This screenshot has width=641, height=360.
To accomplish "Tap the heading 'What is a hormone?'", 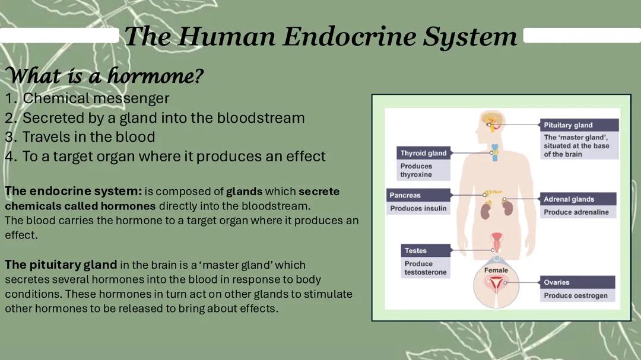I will pyautogui.click(x=104, y=76).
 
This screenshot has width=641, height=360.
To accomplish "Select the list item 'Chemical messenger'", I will pyautogui.click(x=96, y=98).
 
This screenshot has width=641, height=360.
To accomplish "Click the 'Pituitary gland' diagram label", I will pyautogui.click(x=568, y=125).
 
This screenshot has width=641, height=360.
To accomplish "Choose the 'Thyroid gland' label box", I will pyautogui.click(x=423, y=153).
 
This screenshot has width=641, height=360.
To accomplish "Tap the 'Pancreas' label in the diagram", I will pyautogui.click(x=405, y=195).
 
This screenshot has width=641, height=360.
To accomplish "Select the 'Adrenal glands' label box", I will pyautogui.click(x=569, y=199).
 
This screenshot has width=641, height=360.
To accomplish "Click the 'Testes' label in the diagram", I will pyautogui.click(x=415, y=250).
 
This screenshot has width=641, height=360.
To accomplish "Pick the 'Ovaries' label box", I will pyautogui.click(x=557, y=282).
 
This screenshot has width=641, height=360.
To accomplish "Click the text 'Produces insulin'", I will pyautogui.click(x=418, y=208).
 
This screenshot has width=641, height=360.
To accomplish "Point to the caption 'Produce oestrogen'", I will pyautogui.click(x=576, y=295).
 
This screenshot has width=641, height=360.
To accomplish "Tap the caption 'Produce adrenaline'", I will pyautogui.click(x=576, y=212).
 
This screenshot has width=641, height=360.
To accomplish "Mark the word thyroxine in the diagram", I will pyautogui.click(x=416, y=175).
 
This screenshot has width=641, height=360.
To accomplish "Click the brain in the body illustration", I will pyautogui.click(x=492, y=120).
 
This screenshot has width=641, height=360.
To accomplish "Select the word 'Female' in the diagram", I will pyautogui.click(x=496, y=270).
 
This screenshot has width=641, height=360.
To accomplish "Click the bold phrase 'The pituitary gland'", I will pyautogui.click(x=61, y=265).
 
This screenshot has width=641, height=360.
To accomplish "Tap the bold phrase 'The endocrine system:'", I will pyautogui.click(x=73, y=192).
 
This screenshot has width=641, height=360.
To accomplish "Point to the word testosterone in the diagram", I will pyautogui.click(x=426, y=272).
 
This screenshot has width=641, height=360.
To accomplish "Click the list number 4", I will pyautogui.click(x=9, y=157).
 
